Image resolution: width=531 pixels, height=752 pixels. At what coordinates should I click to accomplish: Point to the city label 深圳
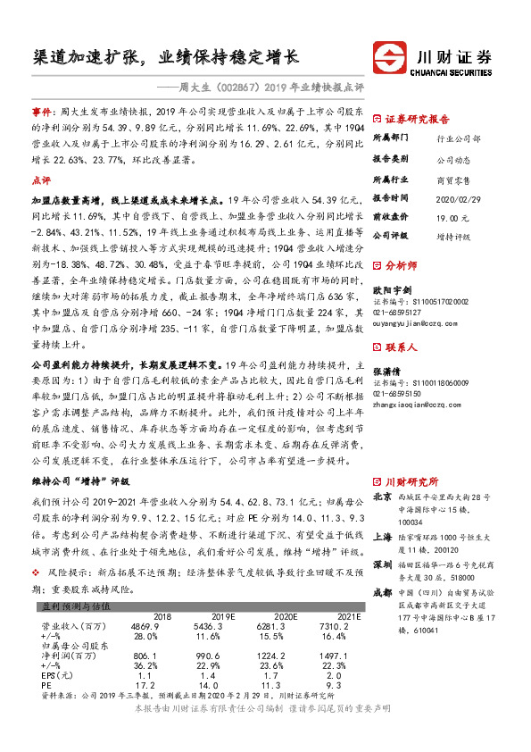tap(382, 565)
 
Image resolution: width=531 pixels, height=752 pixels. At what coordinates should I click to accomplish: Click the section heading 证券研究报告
tap(417, 119)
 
